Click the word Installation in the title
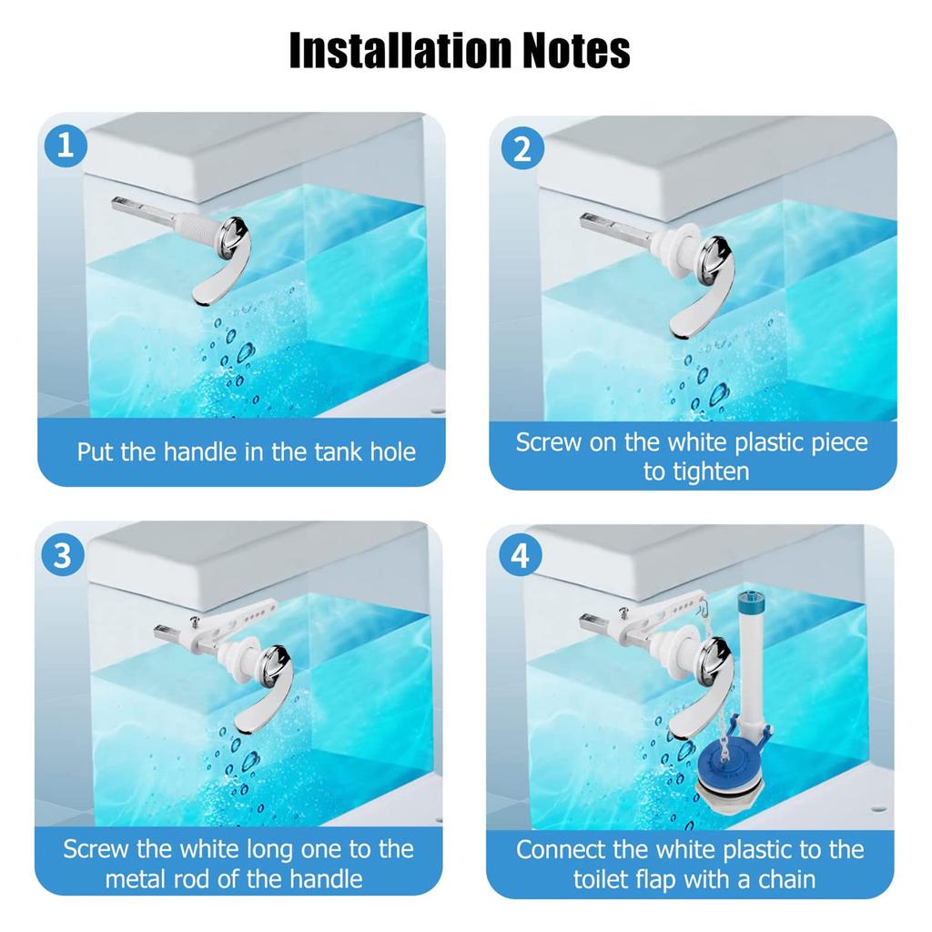click(399, 51)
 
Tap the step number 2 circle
click(522, 148)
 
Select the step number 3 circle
click(63, 555)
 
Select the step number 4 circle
click(520, 555)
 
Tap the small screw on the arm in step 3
click(198, 621)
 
